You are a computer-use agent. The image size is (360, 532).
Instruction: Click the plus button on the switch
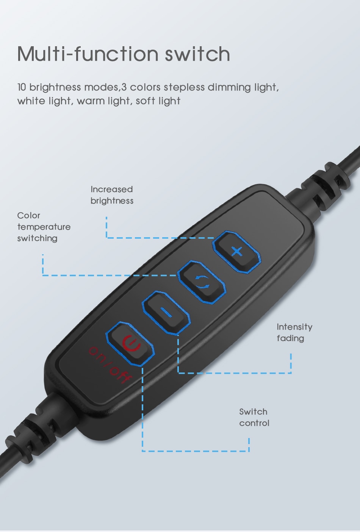[x=236, y=252]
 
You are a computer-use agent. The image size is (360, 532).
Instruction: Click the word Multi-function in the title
[x=88, y=54]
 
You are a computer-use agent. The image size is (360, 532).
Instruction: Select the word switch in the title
[x=197, y=54]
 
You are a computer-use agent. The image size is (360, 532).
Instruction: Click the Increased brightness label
[x=112, y=195]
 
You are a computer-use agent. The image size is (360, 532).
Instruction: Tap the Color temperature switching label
[x=44, y=227]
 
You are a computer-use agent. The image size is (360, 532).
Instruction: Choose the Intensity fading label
[x=294, y=332]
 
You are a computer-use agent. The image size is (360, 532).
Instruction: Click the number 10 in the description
[x=22, y=87]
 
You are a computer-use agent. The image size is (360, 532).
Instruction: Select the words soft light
[x=158, y=101]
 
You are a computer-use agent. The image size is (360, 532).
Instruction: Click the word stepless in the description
[x=184, y=88]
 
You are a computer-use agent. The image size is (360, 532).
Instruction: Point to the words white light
[x=44, y=101]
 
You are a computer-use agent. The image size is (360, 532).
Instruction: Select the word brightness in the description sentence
[x=55, y=88]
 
